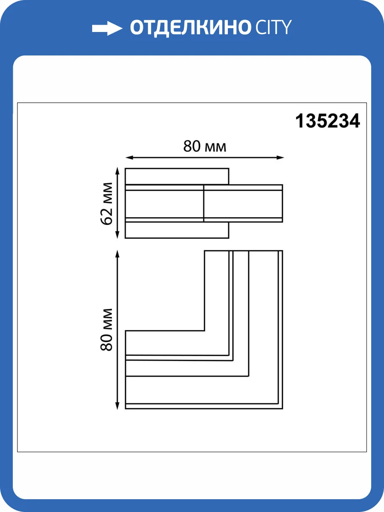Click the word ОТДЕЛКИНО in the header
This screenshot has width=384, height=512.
[x=190, y=28]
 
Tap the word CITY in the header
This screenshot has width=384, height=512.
[x=273, y=28]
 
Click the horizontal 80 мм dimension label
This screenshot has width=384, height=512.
[x=205, y=147]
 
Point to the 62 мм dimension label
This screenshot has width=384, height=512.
[x=107, y=204]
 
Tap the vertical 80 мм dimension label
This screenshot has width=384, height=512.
[x=107, y=329]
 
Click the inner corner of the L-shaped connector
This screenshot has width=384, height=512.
[x=205, y=331]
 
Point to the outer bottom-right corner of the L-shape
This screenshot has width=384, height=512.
[x=282, y=409]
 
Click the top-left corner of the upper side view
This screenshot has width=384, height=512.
[x=125, y=169]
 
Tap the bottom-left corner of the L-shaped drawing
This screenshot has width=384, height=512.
[x=125, y=409]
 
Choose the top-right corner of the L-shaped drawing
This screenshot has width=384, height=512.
[x=282, y=251]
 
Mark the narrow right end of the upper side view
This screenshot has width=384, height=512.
[x=282, y=203]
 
